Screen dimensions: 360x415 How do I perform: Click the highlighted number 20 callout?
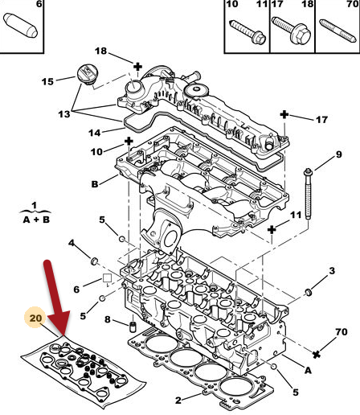35,318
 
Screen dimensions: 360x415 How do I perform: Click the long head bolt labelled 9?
308,194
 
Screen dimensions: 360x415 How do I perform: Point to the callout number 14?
95,133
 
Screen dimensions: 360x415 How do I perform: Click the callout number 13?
64,114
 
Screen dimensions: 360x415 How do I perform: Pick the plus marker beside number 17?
284,115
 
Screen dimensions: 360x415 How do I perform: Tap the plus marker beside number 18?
137,67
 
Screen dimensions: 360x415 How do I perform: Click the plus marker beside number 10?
129,142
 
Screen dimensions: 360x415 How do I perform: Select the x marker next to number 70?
317,355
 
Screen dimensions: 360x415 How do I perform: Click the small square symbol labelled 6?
107,278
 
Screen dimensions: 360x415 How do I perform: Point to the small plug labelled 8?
133,327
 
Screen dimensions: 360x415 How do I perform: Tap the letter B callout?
95,184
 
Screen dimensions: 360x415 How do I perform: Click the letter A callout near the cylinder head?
308,370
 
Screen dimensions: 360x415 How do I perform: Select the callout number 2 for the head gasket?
178,401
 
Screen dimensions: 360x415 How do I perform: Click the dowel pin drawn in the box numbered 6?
21,25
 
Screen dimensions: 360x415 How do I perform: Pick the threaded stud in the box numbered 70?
337,31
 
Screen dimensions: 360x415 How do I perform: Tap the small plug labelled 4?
94,261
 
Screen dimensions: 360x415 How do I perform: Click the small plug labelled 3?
309,292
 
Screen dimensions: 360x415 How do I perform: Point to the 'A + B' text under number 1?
36,220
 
